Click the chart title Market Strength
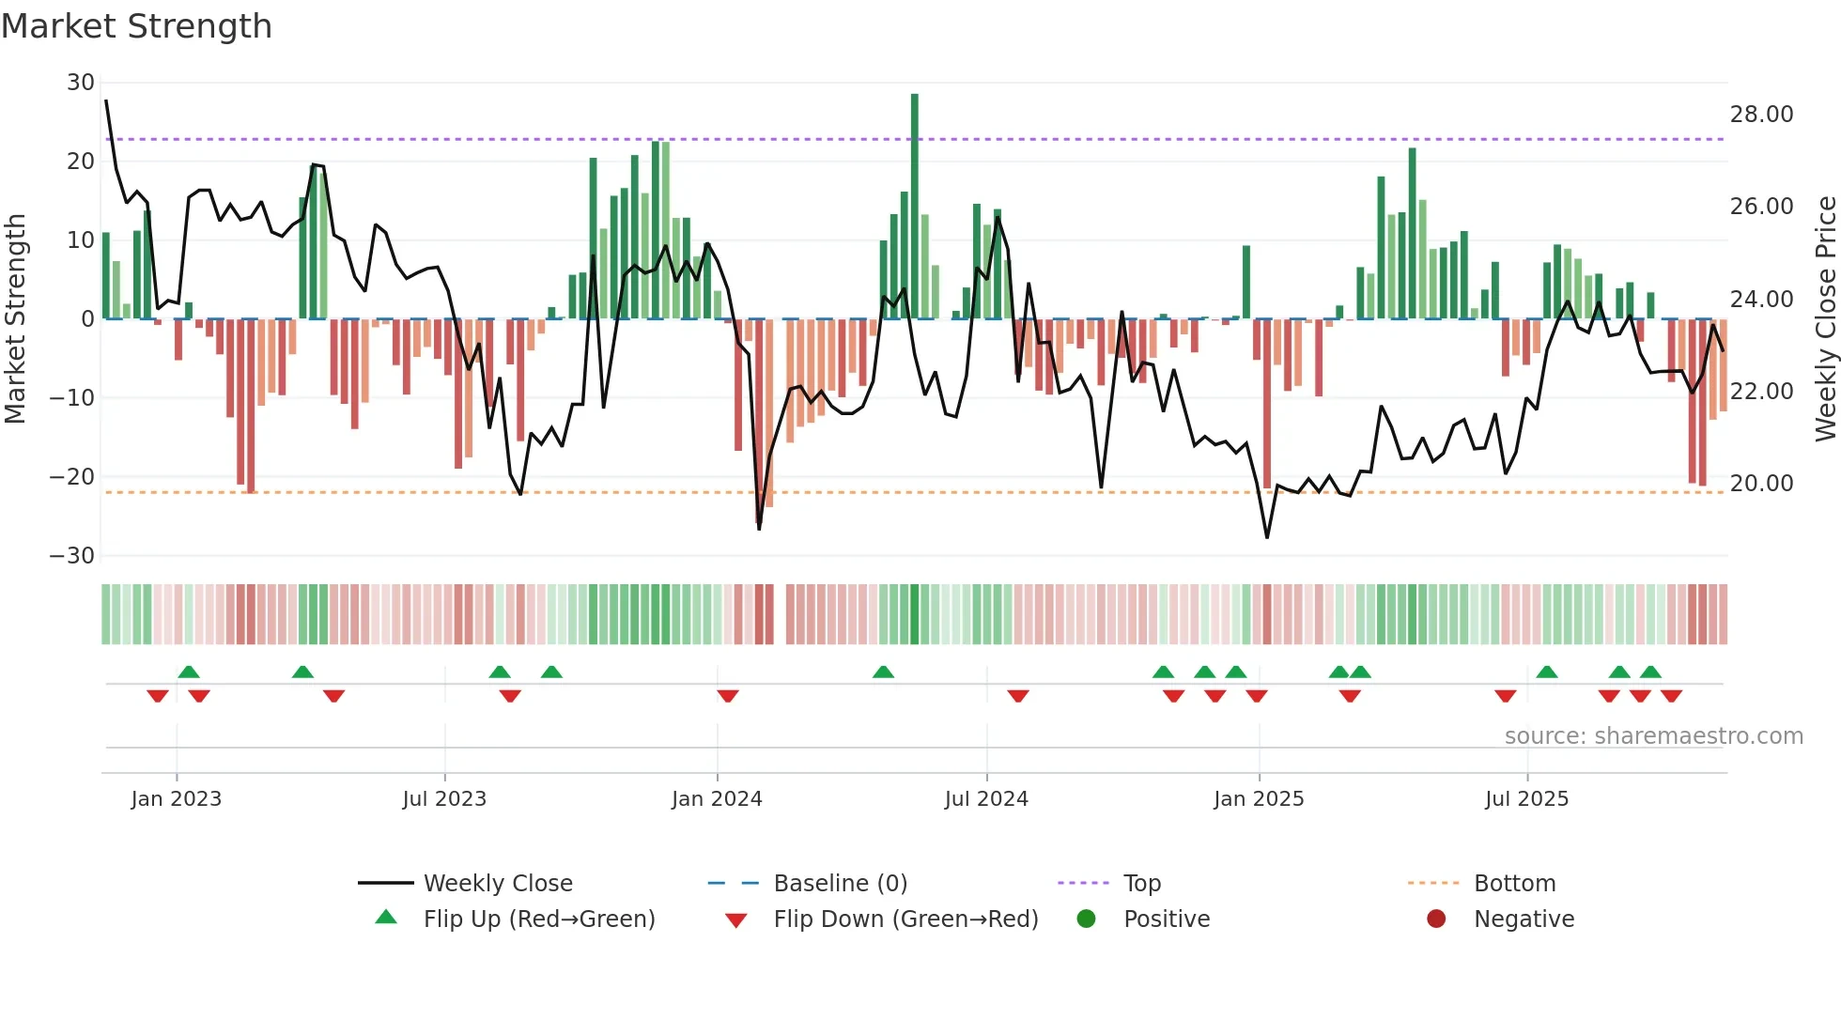tap(137, 26)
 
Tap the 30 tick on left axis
tap(81, 83)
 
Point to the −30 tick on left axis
tap(72, 555)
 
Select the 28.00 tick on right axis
tap(1761, 115)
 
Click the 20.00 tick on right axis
tap(1761, 484)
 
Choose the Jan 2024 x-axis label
tap(717, 799)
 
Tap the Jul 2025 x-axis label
tap(1526, 799)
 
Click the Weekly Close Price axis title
tap(1825, 318)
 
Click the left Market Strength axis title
tap(16, 318)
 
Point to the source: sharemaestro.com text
tap(1653, 736)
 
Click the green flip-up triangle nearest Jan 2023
tap(189, 672)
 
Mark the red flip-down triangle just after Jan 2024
tap(727, 696)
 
